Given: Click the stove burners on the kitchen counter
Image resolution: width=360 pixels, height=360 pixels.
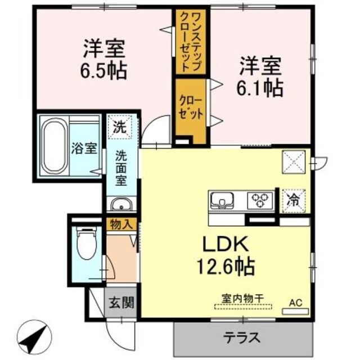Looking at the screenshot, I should (x=260, y=199).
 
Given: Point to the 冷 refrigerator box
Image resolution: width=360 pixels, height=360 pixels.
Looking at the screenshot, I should (x=294, y=200).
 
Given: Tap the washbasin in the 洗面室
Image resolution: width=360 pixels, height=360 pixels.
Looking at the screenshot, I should (x=120, y=204).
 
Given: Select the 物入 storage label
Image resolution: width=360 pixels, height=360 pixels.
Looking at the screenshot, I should (x=120, y=224).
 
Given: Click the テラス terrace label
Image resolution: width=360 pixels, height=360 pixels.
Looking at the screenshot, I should (x=242, y=338).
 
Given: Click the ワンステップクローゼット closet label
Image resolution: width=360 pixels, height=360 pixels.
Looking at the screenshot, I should (x=189, y=42).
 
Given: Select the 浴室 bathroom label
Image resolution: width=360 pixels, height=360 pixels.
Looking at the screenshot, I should (x=85, y=149).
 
